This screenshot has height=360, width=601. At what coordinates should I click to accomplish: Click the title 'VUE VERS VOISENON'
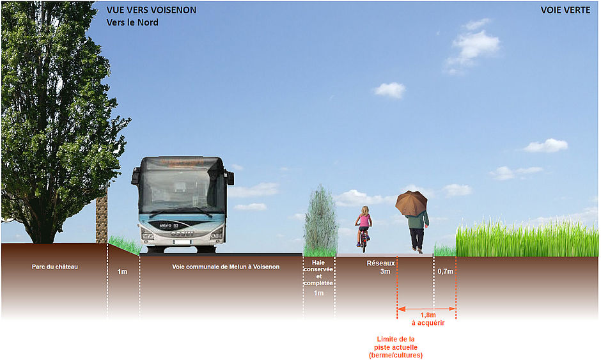point(151,10)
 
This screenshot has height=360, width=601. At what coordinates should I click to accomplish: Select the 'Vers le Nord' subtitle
point(132,22)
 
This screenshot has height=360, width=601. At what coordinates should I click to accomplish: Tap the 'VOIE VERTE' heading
point(565,10)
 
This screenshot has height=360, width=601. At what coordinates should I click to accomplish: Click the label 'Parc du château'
point(54,267)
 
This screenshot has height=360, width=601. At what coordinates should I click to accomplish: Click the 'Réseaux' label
point(380,263)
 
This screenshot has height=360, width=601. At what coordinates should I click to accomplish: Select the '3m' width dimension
point(385,272)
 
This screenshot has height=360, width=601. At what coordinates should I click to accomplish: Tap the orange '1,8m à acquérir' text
point(428,318)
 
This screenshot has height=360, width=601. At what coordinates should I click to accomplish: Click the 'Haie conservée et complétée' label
point(318,272)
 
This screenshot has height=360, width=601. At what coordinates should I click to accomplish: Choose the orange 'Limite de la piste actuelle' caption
point(396,347)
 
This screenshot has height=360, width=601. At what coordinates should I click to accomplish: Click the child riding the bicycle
point(363,226)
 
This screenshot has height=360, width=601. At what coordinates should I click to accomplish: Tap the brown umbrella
point(411,203)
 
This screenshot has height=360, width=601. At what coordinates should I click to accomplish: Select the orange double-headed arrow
point(426,308)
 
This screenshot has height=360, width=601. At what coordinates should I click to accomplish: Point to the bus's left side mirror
point(136,175)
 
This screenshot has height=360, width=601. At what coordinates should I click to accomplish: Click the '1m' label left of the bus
point(122,272)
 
